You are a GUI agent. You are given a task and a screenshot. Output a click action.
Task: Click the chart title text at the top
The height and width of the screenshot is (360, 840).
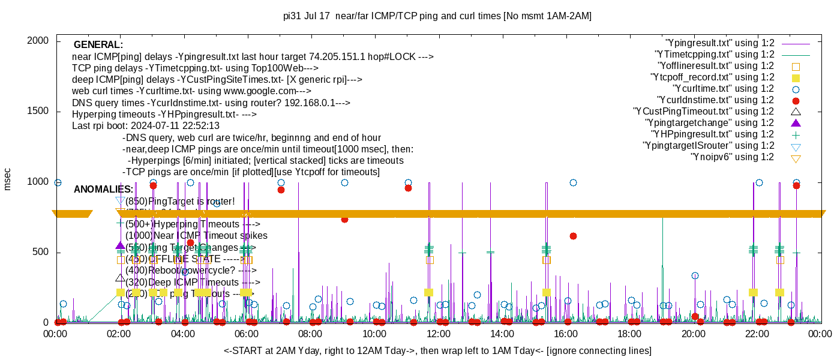437,16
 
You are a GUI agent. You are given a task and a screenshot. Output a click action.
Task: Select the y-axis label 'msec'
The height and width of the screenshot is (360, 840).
8,181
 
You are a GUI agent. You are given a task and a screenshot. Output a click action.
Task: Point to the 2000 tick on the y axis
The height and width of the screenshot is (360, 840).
39,41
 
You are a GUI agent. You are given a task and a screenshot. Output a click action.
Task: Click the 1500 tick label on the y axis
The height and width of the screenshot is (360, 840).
39,112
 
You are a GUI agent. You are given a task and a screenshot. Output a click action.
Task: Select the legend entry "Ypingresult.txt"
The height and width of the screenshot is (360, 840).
720,43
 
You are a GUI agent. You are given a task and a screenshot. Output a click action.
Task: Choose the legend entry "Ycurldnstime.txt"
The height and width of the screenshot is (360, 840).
716,100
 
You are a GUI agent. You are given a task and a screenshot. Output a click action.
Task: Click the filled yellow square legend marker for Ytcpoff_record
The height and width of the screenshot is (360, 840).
796,78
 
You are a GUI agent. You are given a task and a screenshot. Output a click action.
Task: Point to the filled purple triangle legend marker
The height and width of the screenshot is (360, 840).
796,123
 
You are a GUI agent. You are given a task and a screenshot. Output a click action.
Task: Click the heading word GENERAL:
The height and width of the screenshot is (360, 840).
98,45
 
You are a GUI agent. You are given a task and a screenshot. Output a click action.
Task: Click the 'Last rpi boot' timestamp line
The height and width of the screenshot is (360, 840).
146,126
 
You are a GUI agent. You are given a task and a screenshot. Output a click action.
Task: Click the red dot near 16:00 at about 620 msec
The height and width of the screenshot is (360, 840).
573,236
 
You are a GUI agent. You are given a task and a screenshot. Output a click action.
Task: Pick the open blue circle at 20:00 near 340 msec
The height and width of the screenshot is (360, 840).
695,275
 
